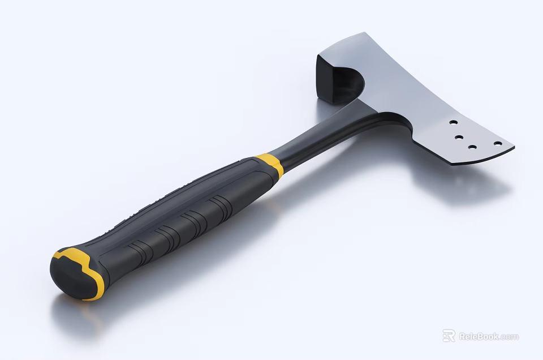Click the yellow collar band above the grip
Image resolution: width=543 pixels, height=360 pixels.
point(270,164)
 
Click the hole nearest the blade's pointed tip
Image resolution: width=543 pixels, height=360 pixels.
point(498,143)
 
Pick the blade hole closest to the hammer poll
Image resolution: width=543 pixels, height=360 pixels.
point(453,122)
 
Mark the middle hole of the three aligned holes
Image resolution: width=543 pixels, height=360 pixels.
point(459,136)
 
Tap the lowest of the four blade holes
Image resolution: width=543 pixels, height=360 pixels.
point(471,147)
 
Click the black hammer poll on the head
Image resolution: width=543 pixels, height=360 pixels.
point(329,79)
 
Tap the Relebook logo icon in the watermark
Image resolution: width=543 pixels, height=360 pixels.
point(449,336)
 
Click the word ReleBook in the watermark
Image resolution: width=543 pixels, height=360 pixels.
point(478,336)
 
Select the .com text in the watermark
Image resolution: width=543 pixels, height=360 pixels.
point(509,337)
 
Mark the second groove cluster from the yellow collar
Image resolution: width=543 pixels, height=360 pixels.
point(192,222)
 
